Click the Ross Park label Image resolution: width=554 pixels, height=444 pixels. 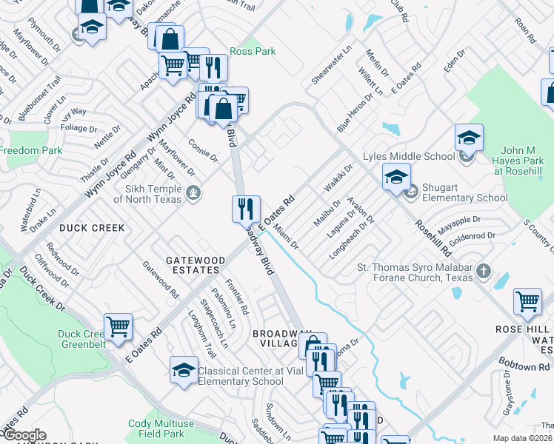point(253,52)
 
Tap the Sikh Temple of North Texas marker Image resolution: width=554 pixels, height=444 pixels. point(193,194)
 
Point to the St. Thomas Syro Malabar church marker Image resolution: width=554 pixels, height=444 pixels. point(483,270)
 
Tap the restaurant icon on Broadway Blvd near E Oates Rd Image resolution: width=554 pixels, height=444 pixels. point(246,209)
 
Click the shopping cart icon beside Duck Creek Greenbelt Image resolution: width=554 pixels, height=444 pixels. point(118,326)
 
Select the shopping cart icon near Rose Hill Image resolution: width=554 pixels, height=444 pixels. point(527,301)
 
